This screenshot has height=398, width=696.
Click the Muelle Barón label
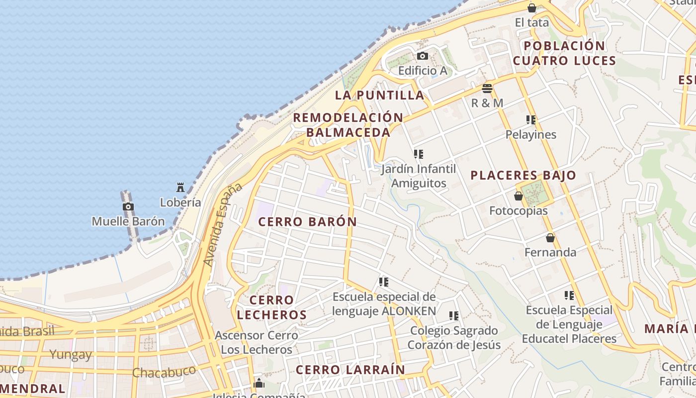coord(128,221)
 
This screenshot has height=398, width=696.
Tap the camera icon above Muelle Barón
coord(128,206)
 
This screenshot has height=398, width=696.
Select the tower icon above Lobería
coord(180,188)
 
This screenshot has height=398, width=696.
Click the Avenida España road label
coord(222,224)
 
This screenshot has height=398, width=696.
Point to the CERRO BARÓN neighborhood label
coord(308,222)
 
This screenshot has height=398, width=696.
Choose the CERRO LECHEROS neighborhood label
coord(271,307)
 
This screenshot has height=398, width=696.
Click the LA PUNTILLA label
coord(379,95)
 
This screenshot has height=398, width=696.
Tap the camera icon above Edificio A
coord(423,56)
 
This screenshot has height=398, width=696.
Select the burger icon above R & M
coord(487,89)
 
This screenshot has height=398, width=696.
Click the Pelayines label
coord(531,134)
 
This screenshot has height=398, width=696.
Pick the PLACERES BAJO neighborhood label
coord(523,175)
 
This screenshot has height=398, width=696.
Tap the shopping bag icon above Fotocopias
coord(519,196)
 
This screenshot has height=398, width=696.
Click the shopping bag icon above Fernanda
coord(550,238)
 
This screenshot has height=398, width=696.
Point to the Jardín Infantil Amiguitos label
coord(418,176)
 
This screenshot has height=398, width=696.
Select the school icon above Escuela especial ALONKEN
coord(384,282)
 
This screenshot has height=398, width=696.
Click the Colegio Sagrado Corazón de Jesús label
coord(454,337)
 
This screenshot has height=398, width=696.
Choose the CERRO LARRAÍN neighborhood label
coord(350,370)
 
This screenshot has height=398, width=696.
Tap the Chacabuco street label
coord(164,372)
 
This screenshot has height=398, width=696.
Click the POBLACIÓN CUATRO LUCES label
coord(564,53)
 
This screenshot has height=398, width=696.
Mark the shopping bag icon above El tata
coord(532,8)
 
